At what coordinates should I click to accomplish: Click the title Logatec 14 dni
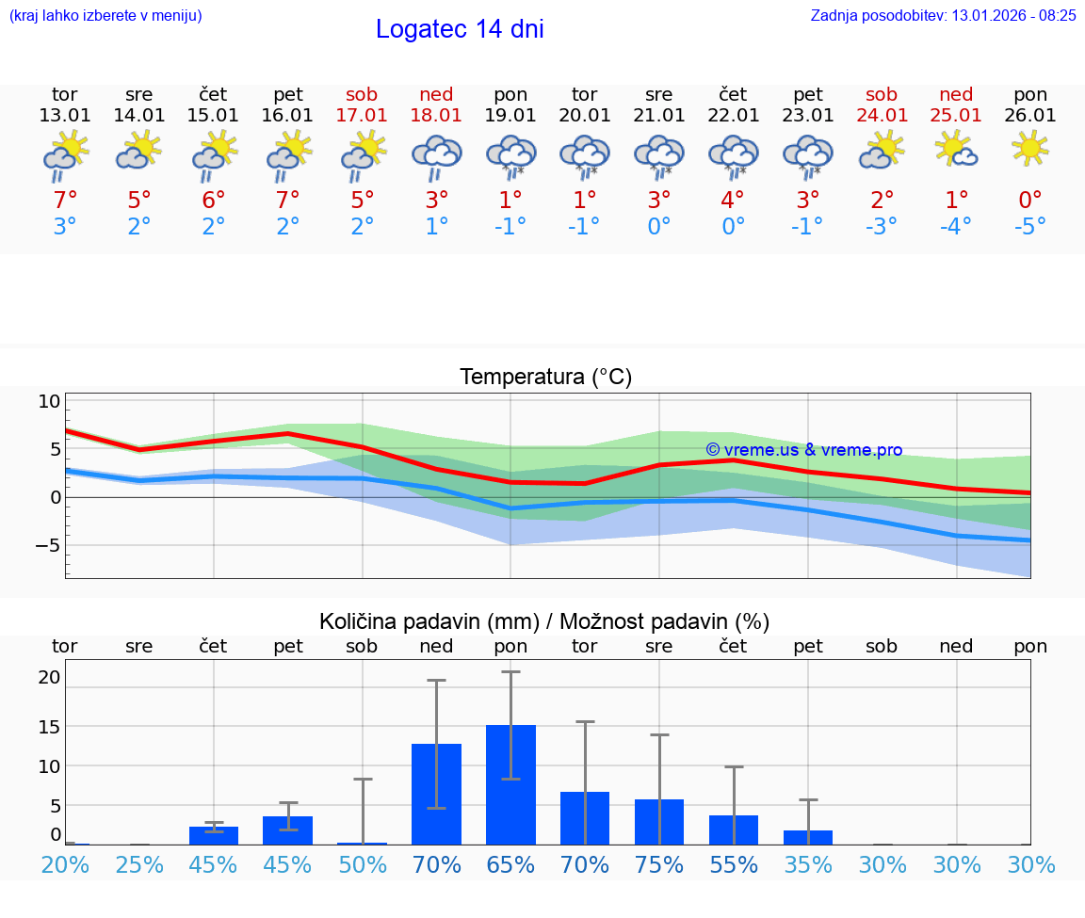tap(460, 29)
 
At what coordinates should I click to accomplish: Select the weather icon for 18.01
tap(436, 156)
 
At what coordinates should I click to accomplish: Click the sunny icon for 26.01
tap(1030, 148)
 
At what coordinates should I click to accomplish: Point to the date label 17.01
tap(362, 115)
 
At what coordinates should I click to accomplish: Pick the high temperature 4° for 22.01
tap(733, 200)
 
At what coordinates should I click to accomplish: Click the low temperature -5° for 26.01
tap(1030, 227)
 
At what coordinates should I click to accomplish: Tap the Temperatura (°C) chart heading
tap(545, 378)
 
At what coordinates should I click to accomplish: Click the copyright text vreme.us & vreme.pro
tap(804, 450)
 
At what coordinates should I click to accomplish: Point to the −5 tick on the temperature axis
tap(47, 545)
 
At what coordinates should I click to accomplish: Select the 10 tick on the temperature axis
tap(49, 401)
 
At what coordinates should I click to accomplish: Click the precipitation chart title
tap(543, 621)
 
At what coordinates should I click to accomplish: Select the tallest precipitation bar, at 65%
tap(510, 784)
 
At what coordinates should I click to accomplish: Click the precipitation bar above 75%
tap(659, 821)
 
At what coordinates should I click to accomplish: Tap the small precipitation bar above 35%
tap(808, 837)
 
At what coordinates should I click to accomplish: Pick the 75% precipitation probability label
tap(659, 864)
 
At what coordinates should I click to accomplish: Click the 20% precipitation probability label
tap(65, 864)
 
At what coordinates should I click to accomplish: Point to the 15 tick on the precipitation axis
tap(49, 726)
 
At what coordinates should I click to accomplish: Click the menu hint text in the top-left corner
tap(105, 16)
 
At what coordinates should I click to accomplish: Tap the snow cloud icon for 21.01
tap(659, 156)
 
